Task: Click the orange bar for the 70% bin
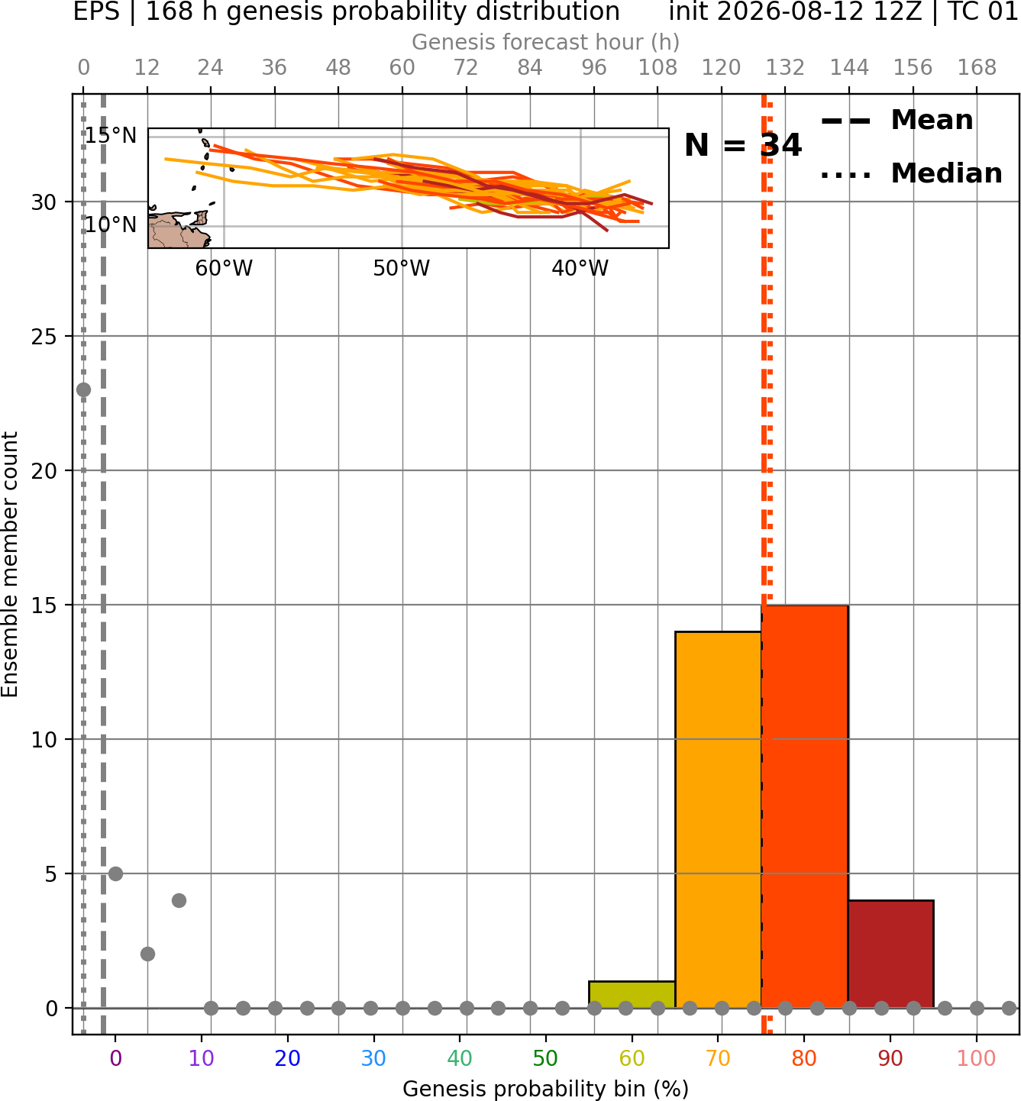click(x=718, y=819)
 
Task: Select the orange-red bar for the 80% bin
click(x=805, y=806)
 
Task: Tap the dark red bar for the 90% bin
click(x=890, y=954)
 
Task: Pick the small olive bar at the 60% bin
click(x=632, y=995)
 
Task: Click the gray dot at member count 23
click(x=83, y=389)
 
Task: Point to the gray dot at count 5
click(x=115, y=873)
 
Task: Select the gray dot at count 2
click(x=147, y=954)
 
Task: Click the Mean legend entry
click(x=897, y=121)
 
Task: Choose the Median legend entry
click(x=911, y=173)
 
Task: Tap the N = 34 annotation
click(x=743, y=145)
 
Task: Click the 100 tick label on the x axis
click(x=977, y=1058)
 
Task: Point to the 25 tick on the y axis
click(x=44, y=337)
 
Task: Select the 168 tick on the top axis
click(x=977, y=68)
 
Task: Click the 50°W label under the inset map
click(x=402, y=269)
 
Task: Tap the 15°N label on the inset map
click(x=111, y=135)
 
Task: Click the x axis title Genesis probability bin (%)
click(x=546, y=1089)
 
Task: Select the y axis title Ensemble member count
click(x=9, y=564)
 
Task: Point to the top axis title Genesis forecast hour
click(x=546, y=42)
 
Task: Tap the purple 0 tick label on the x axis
click(x=115, y=1058)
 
